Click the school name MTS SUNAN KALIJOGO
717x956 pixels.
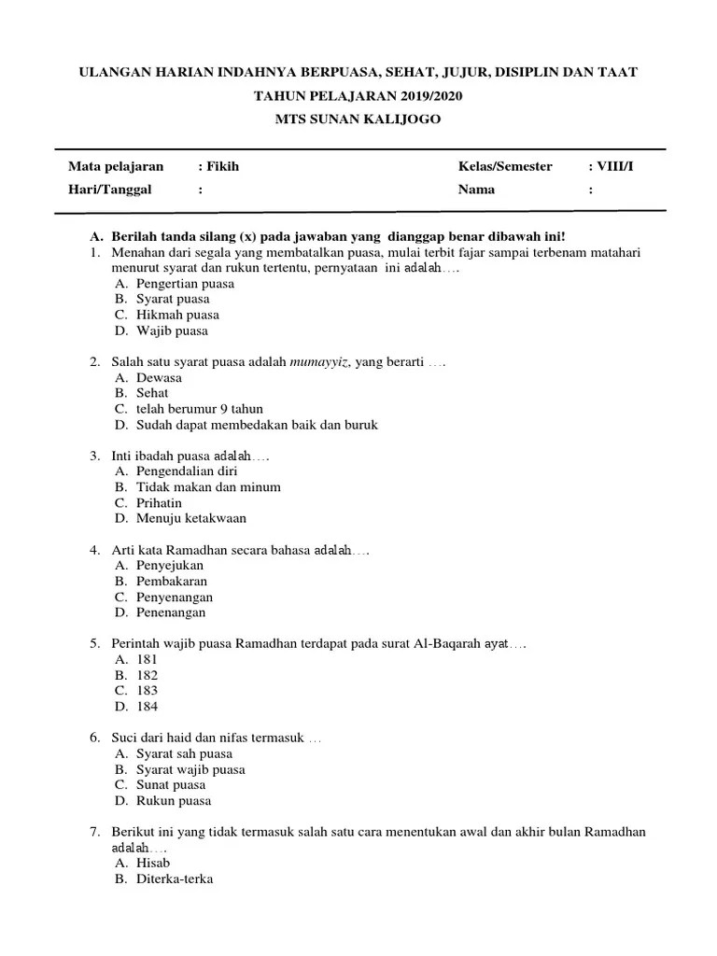tap(358, 119)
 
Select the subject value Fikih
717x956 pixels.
tap(216, 166)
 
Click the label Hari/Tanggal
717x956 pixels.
tap(109, 190)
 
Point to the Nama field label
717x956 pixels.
tap(476, 190)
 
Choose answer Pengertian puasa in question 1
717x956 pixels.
tap(185, 283)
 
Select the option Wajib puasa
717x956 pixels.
tap(172, 330)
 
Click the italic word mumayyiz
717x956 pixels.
tap(320, 361)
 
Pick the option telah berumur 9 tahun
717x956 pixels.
tap(199, 409)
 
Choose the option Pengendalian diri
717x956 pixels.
tap(180, 471)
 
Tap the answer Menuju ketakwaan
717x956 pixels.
tap(190, 518)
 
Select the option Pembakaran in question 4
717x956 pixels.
tap(172, 581)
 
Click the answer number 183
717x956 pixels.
tap(147, 691)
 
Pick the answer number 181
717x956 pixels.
tap(147, 659)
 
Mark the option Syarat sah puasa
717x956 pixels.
tap(184, 753)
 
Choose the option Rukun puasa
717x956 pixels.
tap(174, 800)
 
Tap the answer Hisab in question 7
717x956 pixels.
tap(153, 863)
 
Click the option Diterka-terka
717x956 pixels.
tap(175, 879)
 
